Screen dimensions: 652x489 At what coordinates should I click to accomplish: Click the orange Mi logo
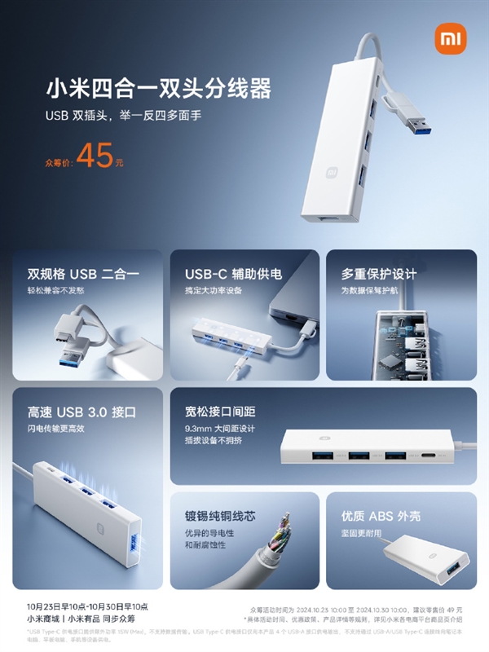pyautogui.click(x=448, y=39)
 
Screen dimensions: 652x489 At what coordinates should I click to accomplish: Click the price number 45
pyautogui.click(x=95, y=156)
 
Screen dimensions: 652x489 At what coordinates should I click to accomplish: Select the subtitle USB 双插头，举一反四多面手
pyautogui.click(x=122, y=116)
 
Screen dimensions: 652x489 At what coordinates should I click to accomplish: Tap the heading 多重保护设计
pyautogui.click(x=378, y=273)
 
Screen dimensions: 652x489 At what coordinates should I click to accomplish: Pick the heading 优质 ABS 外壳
pyautogui.click(x=381, y=516)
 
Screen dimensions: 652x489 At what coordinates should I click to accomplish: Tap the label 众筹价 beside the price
pyautogui.click(x=58, y=161)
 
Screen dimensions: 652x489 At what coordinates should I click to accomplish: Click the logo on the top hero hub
pyautogui.click(x=333, y=173)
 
